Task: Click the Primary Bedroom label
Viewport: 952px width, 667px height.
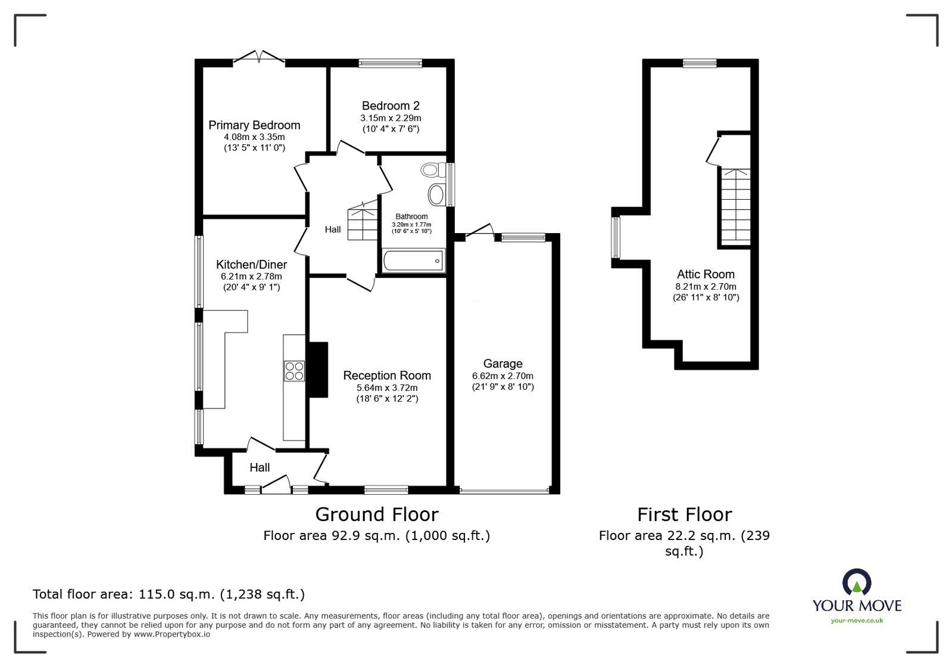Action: click(254, 125)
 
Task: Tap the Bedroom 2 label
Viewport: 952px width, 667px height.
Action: click(391, 106)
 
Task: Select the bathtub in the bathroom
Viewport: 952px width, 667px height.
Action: click(414, 260)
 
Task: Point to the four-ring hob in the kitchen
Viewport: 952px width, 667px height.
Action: click(294, 371)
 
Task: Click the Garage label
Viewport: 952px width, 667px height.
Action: click(502, 364)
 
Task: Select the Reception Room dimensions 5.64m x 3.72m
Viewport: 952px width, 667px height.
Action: click(386, 387)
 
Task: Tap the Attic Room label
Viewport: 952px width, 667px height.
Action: click(706, 274)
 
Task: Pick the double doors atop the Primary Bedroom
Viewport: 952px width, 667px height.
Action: click(258, 57)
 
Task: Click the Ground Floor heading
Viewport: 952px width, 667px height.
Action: click(376, 514)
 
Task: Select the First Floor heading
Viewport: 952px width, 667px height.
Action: click(684, 514)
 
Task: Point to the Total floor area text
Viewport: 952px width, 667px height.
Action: click(168, 594)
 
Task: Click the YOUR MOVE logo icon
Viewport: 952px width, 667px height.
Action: click(857, 582)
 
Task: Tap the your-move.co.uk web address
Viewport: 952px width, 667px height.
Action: click(857, 621)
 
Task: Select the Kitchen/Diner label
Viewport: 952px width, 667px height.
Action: click(251, 265)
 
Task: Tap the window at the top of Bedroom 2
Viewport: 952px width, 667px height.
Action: click(390, 62)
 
